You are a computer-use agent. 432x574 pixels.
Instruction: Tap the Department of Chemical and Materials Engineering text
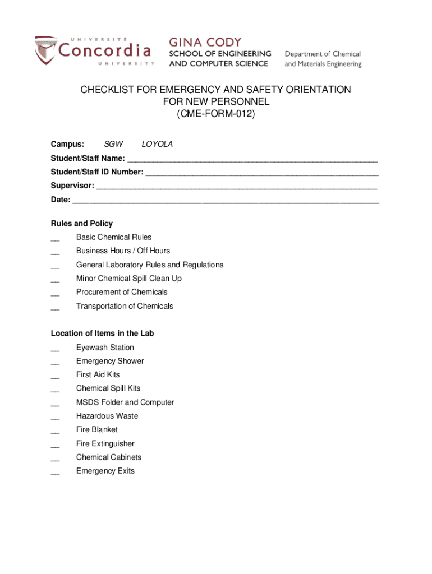[323, 59]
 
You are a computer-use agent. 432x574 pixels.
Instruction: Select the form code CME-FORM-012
[215, 114]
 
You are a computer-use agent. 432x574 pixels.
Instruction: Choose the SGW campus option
[114, 144]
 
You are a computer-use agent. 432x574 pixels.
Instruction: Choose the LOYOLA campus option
[157, 144]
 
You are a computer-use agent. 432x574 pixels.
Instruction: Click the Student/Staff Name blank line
[252, 159]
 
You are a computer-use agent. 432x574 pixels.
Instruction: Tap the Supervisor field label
[72, 186]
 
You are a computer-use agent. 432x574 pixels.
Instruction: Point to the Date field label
[61, 200]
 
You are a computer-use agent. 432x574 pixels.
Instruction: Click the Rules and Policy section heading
[82, 223]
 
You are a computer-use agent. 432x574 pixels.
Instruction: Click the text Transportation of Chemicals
[125, 306]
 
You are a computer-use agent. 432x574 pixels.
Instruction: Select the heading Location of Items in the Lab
[102, 334]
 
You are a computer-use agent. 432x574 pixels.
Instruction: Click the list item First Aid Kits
[98, 374]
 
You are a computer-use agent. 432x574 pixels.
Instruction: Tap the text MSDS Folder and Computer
[125, 402]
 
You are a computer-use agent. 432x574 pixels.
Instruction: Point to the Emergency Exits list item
[105, 471]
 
